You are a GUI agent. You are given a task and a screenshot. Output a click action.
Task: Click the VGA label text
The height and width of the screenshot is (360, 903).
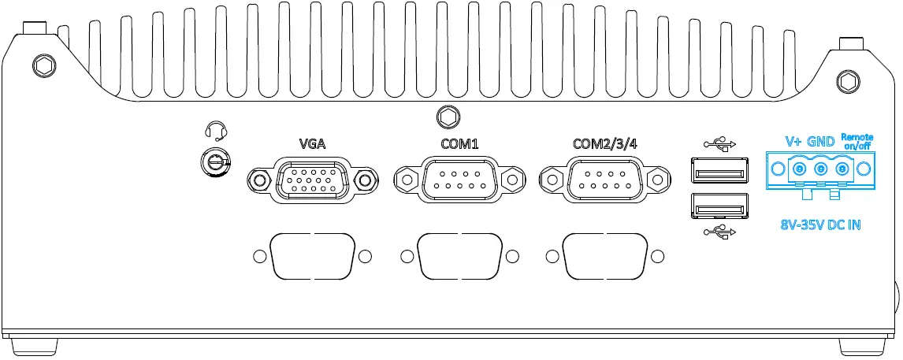[x=311, y=144]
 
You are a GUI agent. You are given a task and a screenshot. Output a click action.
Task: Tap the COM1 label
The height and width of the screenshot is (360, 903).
[x=459, y=144]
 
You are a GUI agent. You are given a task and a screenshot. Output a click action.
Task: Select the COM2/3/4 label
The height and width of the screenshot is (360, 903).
[x=605, y=144]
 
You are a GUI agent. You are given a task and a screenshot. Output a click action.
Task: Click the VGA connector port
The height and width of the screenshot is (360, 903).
[x=311, y=180]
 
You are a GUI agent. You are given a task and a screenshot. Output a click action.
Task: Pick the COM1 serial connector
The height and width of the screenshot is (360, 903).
[x=459, y=180]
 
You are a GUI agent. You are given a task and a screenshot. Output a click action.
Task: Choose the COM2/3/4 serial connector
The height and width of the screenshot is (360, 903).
[x=605, y=180]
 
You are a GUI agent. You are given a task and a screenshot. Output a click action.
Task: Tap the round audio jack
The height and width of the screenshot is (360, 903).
[x=214, y=163]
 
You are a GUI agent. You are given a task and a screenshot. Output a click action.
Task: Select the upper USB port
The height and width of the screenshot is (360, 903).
[x=719, y=171]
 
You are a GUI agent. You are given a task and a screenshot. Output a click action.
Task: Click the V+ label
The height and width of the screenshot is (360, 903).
[x=794, y=142]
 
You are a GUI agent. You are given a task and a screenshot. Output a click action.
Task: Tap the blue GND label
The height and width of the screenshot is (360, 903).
[x=821, y=142]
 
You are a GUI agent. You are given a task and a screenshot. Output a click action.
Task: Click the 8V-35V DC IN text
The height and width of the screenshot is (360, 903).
[x=819, y=225]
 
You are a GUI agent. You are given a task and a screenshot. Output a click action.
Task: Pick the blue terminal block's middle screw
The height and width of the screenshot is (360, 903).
[x=821, y=169]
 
